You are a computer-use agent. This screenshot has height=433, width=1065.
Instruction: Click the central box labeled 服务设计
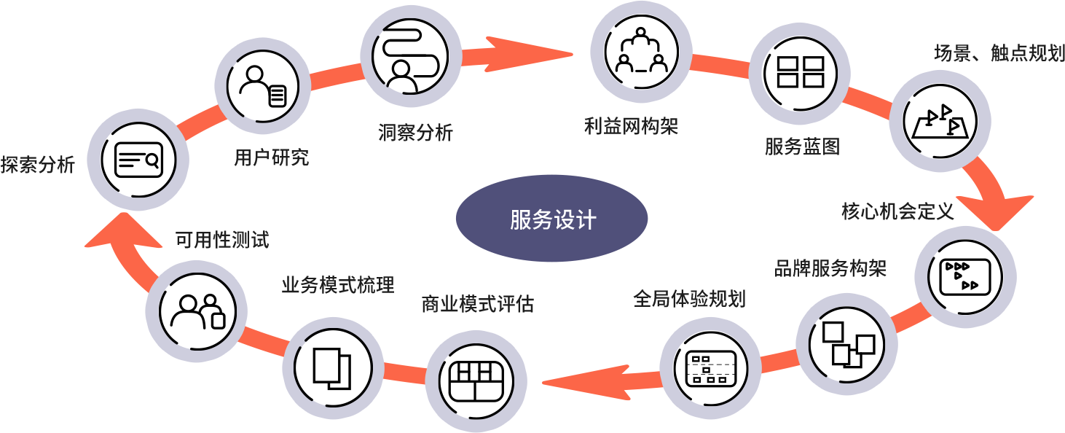[x=551, y=219]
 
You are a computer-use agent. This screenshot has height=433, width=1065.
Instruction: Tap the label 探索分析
[x=37, y=165]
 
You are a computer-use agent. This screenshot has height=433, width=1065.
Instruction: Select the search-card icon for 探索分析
[x=138, y=160]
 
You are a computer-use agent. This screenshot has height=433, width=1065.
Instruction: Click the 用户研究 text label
[x=271, y=157]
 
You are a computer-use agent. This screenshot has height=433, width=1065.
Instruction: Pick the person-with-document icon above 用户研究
[x=263, y=86]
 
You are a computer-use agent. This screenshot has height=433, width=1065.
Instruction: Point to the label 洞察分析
[x=415, y=132]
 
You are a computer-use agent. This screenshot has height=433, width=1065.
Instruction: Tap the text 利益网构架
[x=631, y=125]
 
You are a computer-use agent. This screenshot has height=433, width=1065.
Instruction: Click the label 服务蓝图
[x=801, y=146]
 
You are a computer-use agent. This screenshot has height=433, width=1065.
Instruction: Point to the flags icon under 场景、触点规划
[x=940, y=120]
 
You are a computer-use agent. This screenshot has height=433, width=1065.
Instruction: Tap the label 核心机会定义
[x=897, y=211]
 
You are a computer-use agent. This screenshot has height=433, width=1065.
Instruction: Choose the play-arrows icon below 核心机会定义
[x=965, y=276]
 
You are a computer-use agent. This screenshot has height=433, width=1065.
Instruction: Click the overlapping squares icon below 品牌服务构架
[x=847, y=344]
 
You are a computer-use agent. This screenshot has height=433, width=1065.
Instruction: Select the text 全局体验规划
[x=688, y=298]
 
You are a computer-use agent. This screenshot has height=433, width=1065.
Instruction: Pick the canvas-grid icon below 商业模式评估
[x=476, y=381]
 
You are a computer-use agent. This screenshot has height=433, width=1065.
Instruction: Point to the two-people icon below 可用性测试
[x=196, y=311]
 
